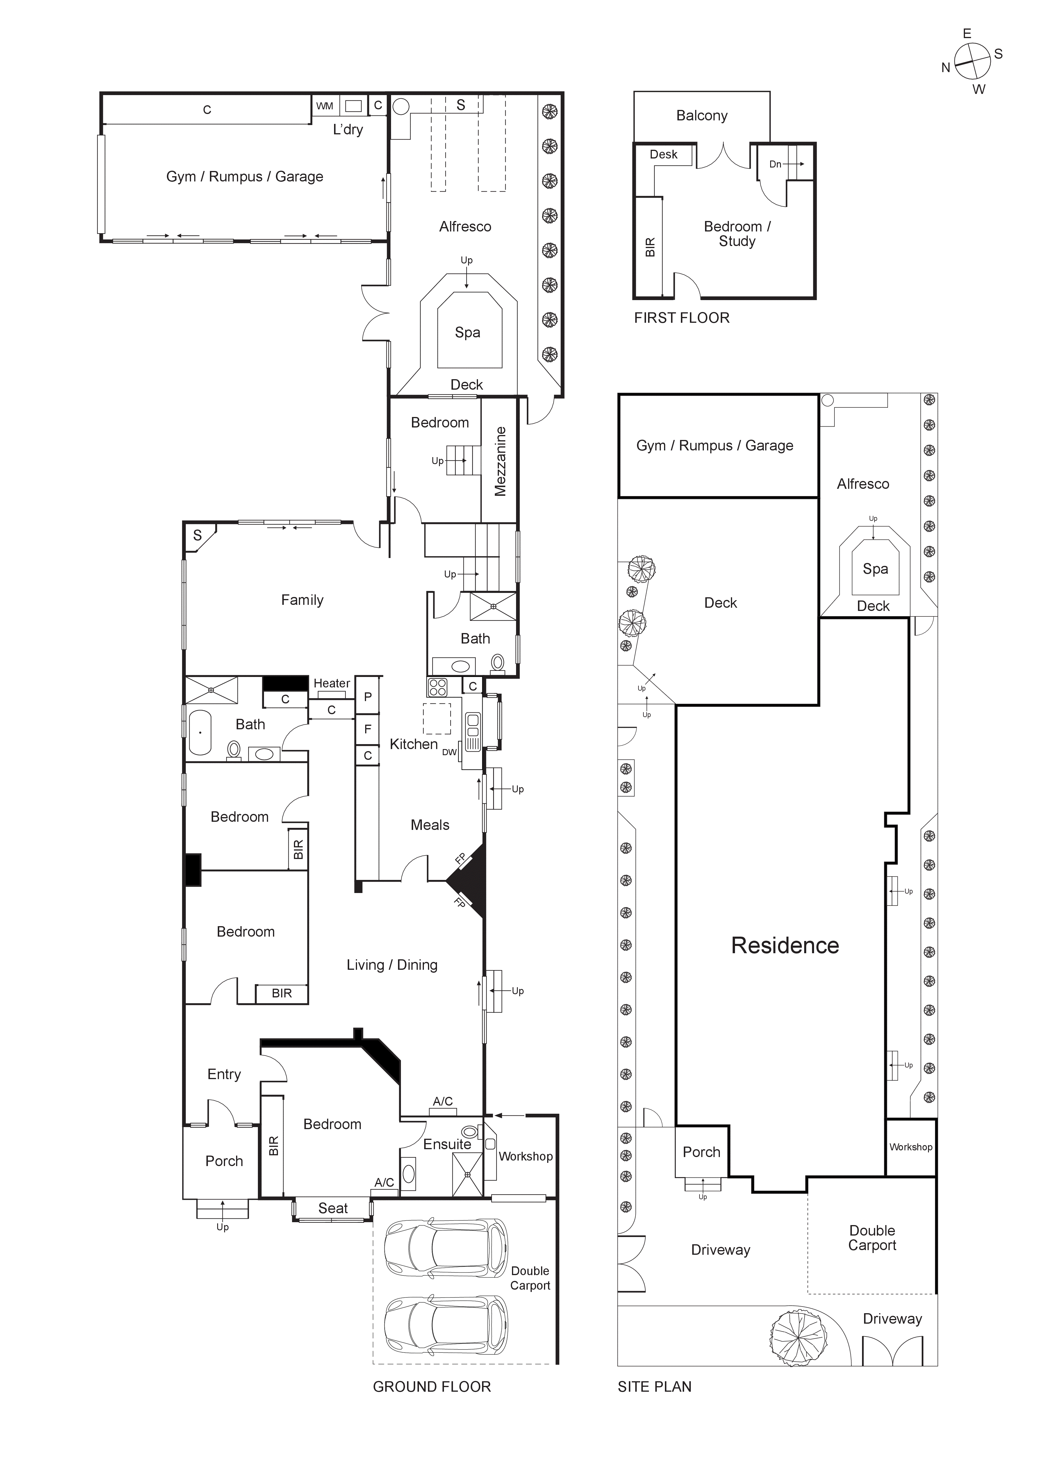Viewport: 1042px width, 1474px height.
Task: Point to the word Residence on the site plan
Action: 784,946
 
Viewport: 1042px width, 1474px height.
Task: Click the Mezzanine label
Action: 500,461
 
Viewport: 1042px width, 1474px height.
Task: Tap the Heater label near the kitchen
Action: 331,683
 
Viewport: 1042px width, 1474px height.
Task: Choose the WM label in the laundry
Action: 324,106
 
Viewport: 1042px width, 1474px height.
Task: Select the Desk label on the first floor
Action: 663,154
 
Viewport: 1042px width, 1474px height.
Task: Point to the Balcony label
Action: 702,115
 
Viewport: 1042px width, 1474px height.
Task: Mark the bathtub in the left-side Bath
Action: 200,732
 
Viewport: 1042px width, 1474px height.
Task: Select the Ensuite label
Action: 447,1144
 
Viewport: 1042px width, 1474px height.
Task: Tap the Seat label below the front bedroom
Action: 333,1208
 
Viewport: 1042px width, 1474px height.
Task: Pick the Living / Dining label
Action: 392,965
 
